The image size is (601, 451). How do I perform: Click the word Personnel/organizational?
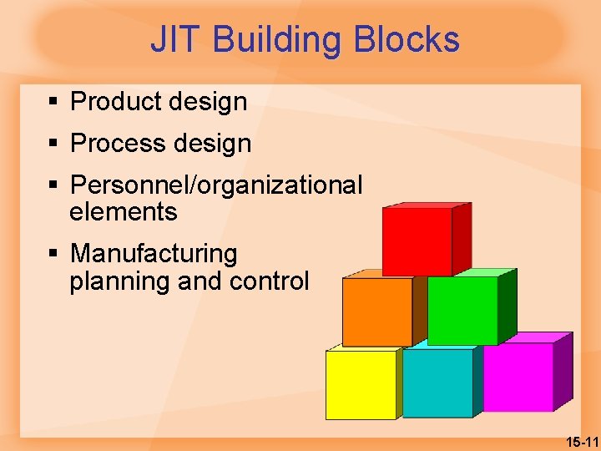tap(216, 185)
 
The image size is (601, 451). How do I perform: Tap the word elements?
tap(124, 212)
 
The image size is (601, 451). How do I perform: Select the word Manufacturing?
tap(154, 253)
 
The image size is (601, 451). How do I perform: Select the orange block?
tap(377, 311)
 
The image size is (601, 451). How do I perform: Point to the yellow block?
tap(361, 384)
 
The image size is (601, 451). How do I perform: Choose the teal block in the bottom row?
tap(437, 383)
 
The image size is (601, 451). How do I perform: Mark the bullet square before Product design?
tap(53, 102)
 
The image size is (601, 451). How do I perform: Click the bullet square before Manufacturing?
tap(53, 253)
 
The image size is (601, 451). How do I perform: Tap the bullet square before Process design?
tap(53, 144)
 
